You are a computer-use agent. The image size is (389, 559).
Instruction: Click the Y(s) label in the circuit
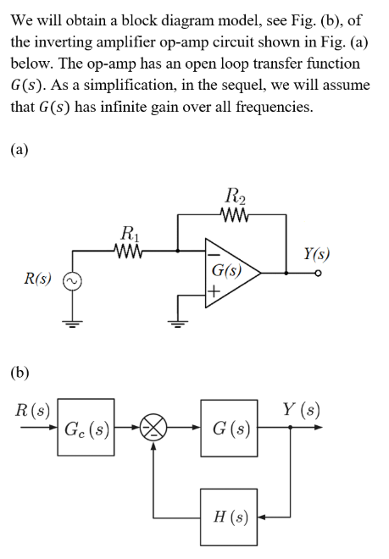318,252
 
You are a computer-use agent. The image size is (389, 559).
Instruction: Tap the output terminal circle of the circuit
320,274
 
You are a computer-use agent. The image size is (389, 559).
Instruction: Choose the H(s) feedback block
231,516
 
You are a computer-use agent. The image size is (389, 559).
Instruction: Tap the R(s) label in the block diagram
32,412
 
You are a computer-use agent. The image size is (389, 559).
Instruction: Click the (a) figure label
19,150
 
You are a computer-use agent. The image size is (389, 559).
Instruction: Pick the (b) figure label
19,372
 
